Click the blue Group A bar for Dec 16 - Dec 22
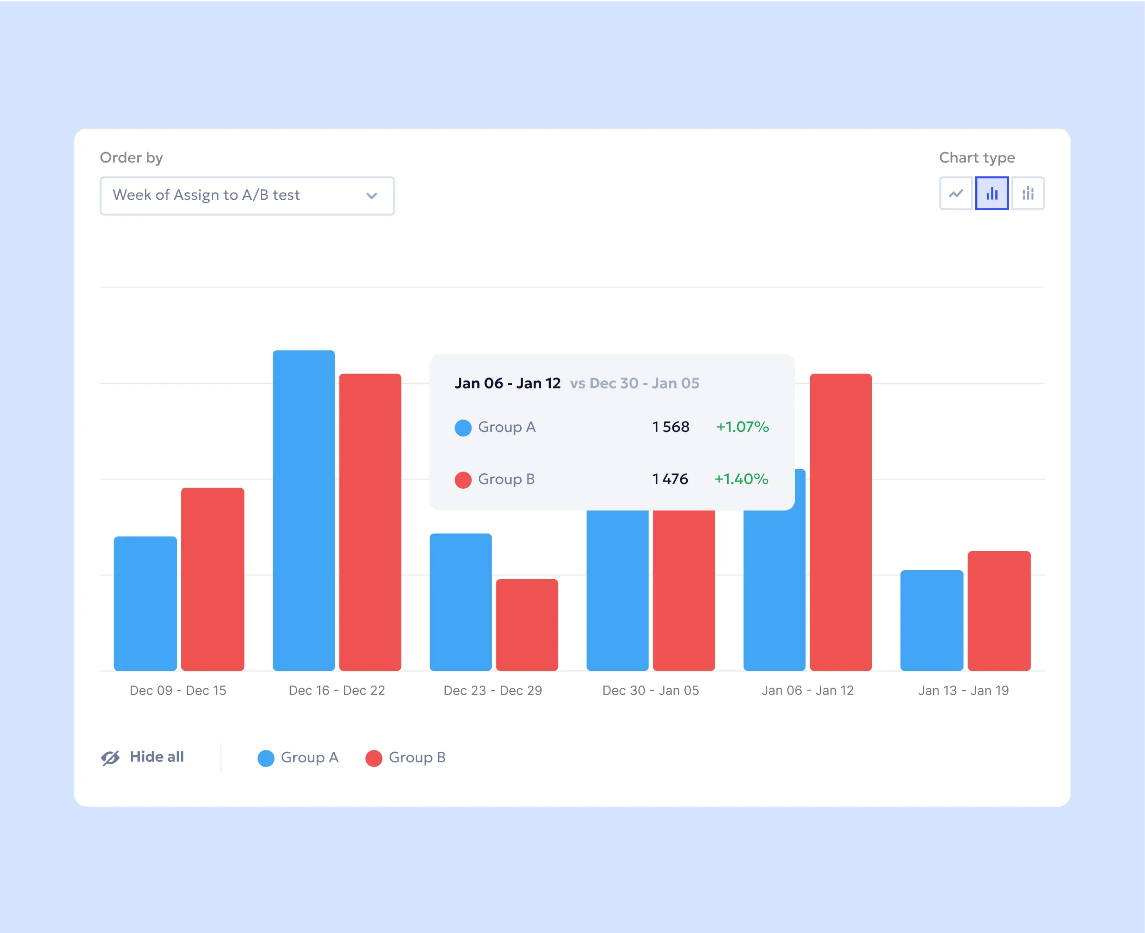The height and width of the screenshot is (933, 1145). pos(304,511)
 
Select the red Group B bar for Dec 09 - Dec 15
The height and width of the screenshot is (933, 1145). pos(212,579)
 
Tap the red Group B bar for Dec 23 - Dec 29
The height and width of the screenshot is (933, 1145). pos(527,625)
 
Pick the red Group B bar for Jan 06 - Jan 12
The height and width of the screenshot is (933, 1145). pos(841,521)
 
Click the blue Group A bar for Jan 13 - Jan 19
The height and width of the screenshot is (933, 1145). pos(931,620)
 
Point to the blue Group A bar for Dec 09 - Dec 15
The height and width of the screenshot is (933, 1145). pos(145,603)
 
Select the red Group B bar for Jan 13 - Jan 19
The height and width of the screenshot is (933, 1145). pos(999,611)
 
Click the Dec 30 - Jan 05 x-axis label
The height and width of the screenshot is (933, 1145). pos(650,691)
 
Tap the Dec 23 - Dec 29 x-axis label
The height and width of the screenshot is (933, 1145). pos(493,691)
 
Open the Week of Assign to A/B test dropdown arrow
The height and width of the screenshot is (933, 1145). pos(371,195)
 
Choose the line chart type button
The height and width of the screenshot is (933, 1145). pos(956,194)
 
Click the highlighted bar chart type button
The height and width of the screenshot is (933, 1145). pos(992,194)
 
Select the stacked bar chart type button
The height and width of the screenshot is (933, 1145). pos(1028,194)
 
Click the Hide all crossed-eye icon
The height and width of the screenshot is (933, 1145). pos(110,758)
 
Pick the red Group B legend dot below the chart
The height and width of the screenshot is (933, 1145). pos(373,759)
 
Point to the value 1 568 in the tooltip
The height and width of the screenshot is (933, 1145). pos(670,427)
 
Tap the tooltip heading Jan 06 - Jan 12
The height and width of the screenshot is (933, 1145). pos(507,383)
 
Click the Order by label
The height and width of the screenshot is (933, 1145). pos(131,157)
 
